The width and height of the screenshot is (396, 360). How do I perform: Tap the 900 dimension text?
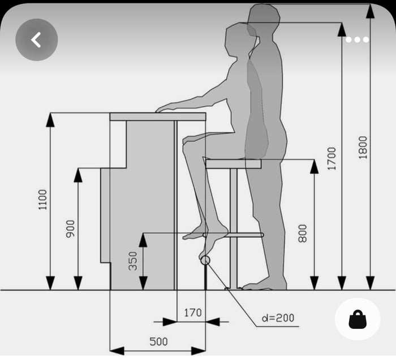pyautogui.click(x=71, y=228)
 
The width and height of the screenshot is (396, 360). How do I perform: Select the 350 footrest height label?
pyautogui.click(x=133, y=261)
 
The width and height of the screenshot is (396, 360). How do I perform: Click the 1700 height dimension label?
pyautogui.click(x=332, y=159)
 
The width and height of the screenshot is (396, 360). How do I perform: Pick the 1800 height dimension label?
pyautogui.click(x=363, y=147)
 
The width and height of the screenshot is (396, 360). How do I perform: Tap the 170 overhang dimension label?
pyautogui.click(x=192, y=311)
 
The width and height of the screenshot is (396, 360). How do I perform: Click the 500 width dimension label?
pyautogui.click(x=158, y=341)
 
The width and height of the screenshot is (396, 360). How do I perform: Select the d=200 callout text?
pyautogui.click(x=278, y=318)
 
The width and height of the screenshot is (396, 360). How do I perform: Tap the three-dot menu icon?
pyautogui.click(x=358, y=40)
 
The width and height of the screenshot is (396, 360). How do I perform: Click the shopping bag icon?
pyautogui.click(x=358, y=320)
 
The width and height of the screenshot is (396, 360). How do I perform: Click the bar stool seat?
pyautogui.click(x=233, y=164)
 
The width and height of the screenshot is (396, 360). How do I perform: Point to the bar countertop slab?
pyautogui.click(x=158, y=117)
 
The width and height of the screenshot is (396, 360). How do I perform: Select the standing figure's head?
pyautogui.click(x=264, y=20)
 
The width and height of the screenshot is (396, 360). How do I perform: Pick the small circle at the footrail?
pyautogui.click(x=205, y=261)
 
